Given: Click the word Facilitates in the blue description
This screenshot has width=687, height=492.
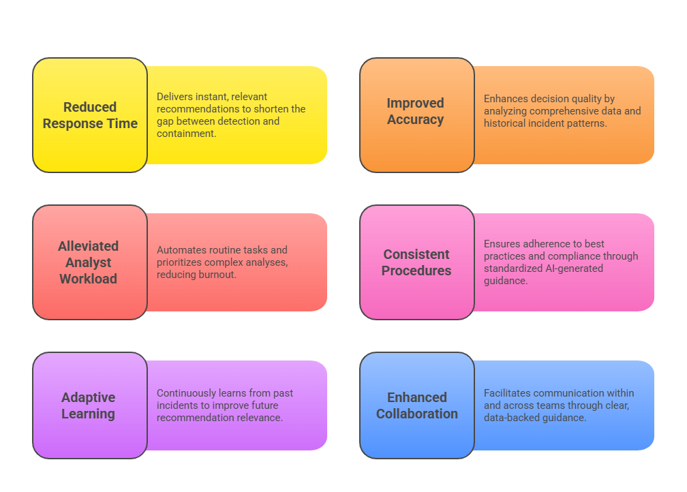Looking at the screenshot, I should click(507, 393).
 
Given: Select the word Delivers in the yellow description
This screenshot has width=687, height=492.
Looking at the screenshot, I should click(174, 97).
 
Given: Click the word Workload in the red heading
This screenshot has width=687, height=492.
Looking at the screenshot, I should click(89, 279).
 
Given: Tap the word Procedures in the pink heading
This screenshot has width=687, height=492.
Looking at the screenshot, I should click(416, 271).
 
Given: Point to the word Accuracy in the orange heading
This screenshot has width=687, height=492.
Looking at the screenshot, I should click(416, 119).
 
